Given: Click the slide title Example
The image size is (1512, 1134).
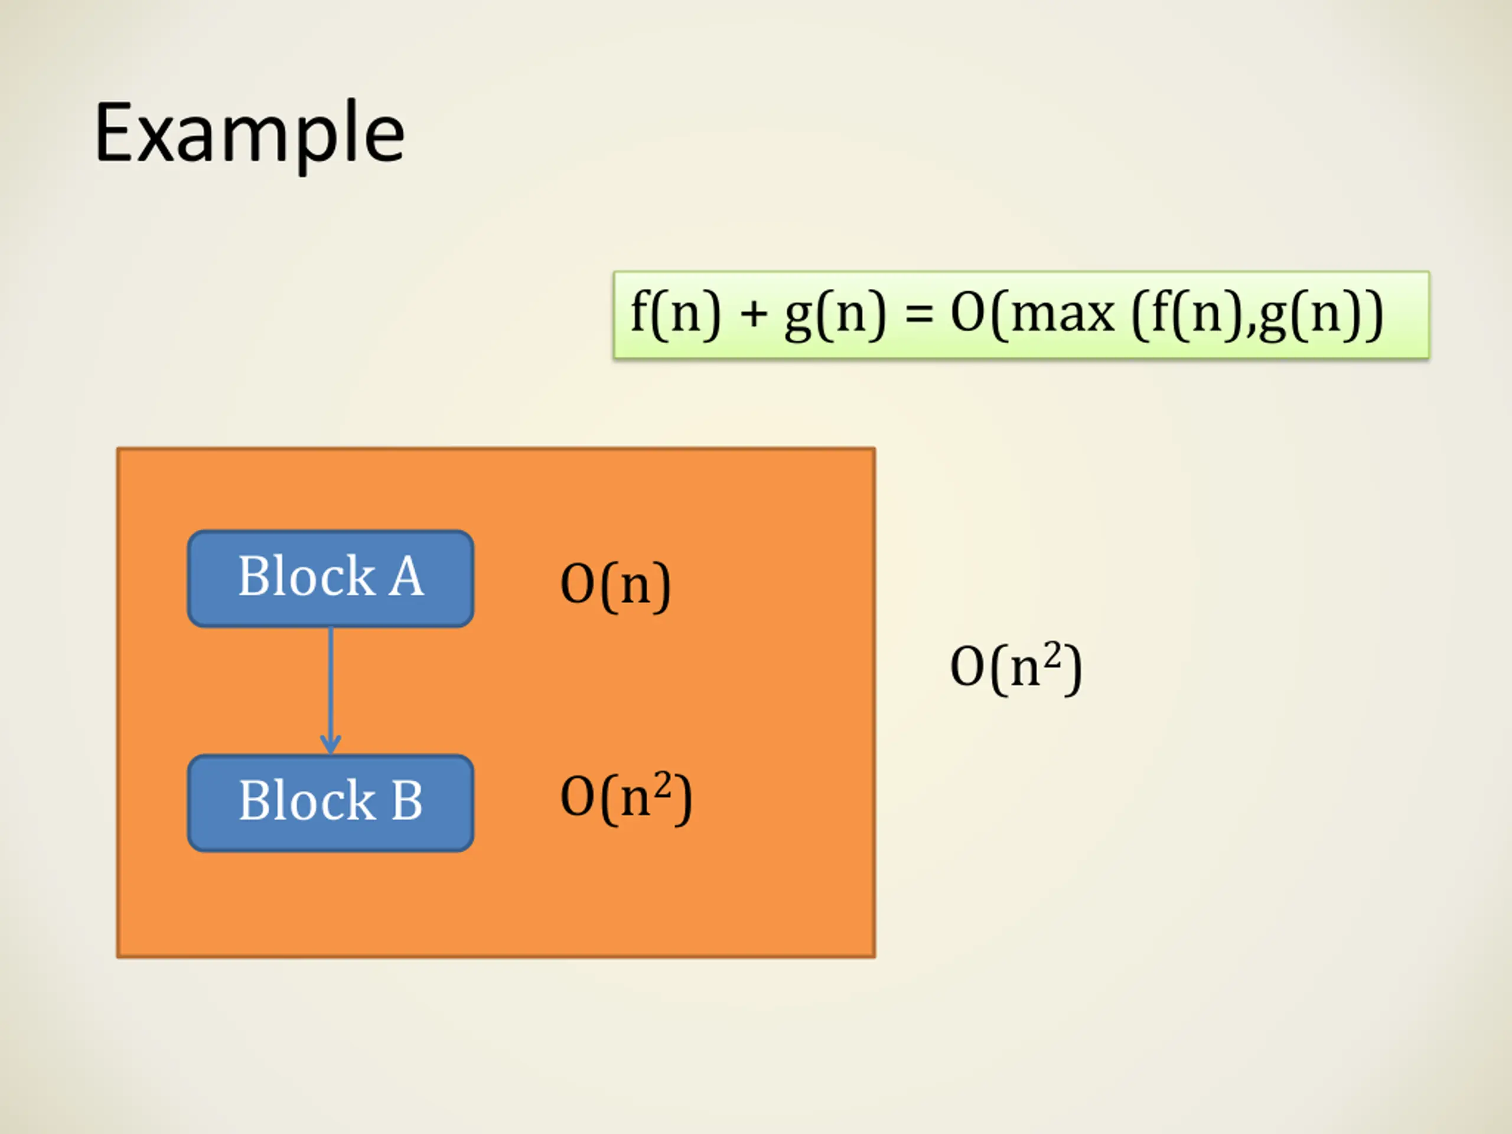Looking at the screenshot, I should tap(249, 133).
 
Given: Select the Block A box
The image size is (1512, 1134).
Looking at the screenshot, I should tap(330, 578).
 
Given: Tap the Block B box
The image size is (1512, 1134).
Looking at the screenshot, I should tap(330, 803).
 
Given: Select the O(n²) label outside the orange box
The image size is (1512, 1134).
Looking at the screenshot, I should tap(1016, 668).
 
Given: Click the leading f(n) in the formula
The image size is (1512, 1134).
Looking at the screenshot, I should tap(675, 314).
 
